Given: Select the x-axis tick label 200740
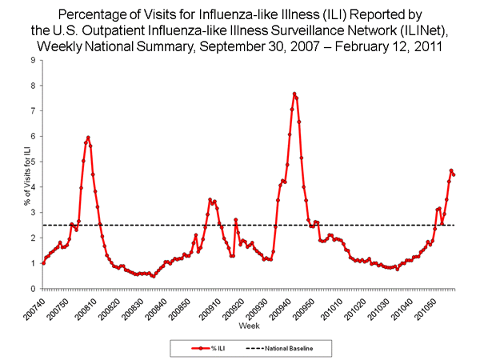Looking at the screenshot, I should (x=36, y=307).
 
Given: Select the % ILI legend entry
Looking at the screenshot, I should (x=205, y=348).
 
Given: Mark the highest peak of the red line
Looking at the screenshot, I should (x=294, y=94).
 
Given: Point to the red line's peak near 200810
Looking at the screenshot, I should (x=88, y=138).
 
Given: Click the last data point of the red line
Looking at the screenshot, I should (x=454, y=174).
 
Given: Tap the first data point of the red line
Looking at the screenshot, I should (x=42, y=263).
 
